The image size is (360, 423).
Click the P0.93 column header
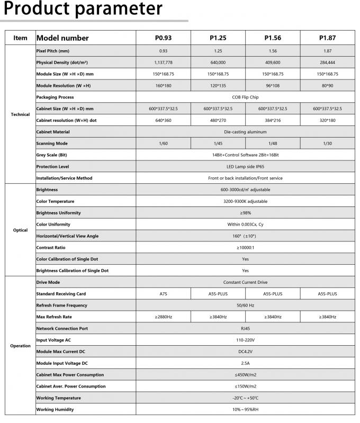coord(163,38)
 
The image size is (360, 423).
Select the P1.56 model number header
coord(272,38)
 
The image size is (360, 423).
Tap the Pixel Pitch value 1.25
coord(218,51)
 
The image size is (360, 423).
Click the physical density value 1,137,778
coord(163,62)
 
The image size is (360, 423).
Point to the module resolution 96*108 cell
coord(272,86)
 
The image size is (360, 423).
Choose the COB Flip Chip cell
coord(245,97)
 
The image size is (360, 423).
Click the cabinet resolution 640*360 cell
coord(163,120)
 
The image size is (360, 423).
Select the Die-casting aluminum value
coord(245,132)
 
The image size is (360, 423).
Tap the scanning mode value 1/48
coord(272,143)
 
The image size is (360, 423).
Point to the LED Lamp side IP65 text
coord(245,166)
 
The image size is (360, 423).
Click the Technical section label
coord(20,114)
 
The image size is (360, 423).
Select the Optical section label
coord(20,230)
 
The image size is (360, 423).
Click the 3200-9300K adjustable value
coord(245,201)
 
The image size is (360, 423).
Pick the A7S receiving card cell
coord(163,294)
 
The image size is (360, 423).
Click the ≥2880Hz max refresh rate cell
coord(163,317)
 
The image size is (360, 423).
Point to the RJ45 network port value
coord(245,328)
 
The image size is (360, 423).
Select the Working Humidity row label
coord(55,409)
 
